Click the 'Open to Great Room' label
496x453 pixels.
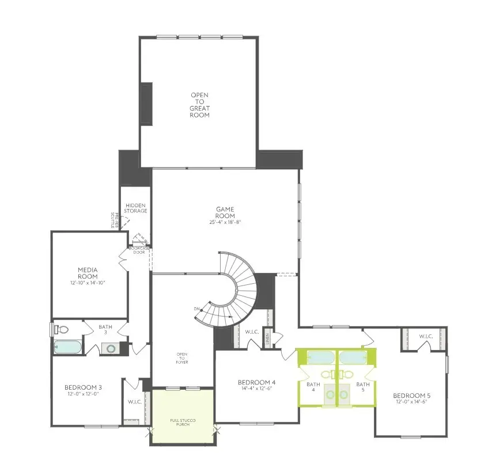tap(200, 105)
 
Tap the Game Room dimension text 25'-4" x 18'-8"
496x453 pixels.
tap(225, 222)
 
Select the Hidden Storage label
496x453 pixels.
tap(136, 207)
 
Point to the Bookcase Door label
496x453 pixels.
tap(139, 250)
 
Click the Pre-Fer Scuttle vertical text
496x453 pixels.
tap(113, 220)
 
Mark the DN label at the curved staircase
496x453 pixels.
tap(197, 310)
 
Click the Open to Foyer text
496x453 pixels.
tap(182, 357)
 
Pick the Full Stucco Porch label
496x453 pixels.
tap(183, 423)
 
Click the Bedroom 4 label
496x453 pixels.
tap(257, 382)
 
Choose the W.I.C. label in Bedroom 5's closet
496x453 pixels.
tap(426, 336)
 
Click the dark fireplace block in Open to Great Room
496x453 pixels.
tap(146, 104)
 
